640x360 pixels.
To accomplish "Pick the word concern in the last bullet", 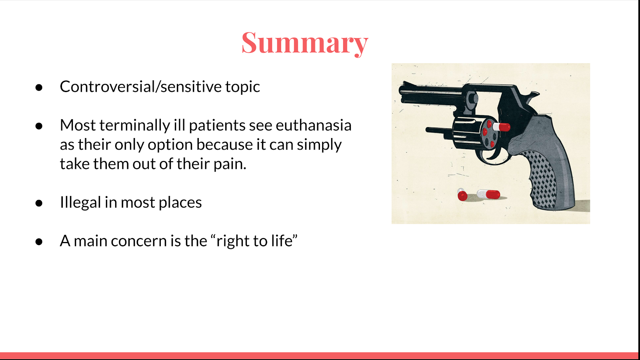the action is pos(138,241).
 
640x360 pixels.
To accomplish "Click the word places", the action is pos(180,203).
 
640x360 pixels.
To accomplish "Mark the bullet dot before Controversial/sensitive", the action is pos(39,88).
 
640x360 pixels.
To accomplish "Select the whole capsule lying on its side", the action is pos(489,194).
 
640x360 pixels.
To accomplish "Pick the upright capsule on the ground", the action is pos(462,194).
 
